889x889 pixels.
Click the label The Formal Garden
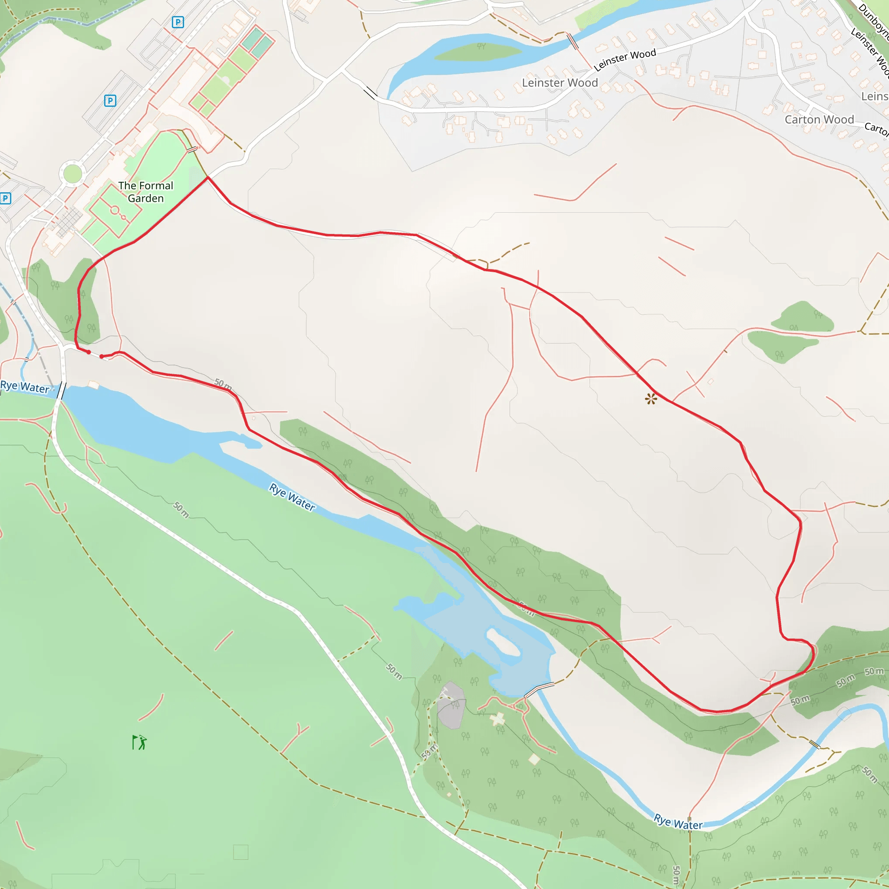pos(145,192)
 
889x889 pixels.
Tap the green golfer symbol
pos(139,742)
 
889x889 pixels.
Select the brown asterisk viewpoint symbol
pos(651,398)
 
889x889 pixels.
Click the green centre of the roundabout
pos(72,174)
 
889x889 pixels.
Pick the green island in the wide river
pos(478,51)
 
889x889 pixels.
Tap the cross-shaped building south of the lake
pos(497,718)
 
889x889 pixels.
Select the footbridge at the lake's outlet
pos(539,689)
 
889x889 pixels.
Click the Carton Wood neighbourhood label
pos(819,120)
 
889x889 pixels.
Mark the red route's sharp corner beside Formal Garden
pos(208,177)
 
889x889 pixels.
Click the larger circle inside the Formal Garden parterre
pos(115,210)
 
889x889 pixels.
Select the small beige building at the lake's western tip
pos(94,384)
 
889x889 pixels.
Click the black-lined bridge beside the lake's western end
pos(61,390)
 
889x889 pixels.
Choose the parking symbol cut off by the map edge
pos(5,198)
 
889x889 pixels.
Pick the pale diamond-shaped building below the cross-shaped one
pos(534,759)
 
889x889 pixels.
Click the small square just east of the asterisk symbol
pos(711,382)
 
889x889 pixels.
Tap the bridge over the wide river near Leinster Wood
pos(573,41)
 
